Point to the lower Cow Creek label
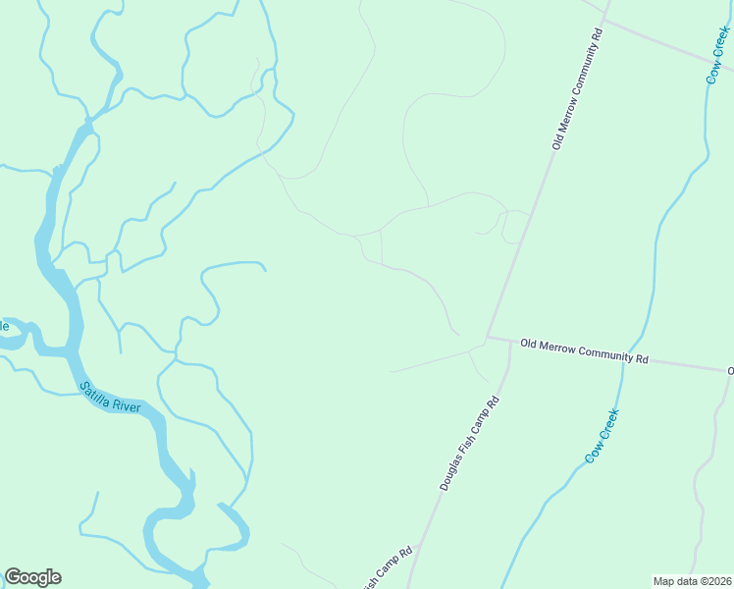click(x=603, y=436)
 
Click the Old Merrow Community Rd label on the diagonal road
click(x=577, y=87)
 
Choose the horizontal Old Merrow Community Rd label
click(x=585, y=351)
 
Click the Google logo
click(x=32, y=577)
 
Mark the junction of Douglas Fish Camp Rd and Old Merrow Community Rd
click(x=489, y=338)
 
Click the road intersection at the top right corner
click(x=605, y=20)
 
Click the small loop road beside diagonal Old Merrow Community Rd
click(x=511, y=227)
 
